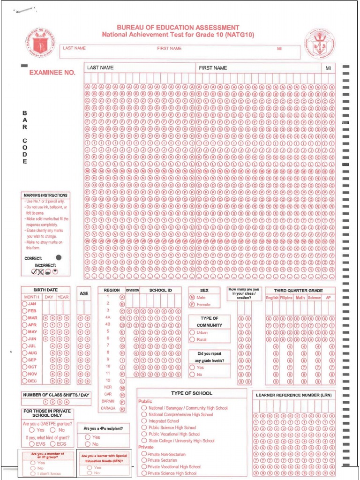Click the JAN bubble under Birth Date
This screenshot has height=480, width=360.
point(25,304)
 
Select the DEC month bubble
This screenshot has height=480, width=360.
point(25,381)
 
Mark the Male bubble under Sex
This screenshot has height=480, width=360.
point(192,297)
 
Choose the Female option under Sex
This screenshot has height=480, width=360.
point(192,304)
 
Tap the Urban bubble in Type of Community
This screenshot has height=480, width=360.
point(192,332)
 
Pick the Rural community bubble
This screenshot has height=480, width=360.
point(192,339)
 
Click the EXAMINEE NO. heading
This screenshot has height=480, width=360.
point(52,73)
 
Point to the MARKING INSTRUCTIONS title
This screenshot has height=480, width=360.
point(45,195)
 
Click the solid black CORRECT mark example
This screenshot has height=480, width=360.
point(58,257)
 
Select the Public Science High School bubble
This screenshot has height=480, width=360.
point(144,427)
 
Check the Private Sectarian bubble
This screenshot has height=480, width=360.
point(144,460)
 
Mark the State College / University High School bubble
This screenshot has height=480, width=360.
point(144,441)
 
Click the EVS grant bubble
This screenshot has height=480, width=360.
point(31,443)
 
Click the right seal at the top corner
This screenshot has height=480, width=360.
point(320,44)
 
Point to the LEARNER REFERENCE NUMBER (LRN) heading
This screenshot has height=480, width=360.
point(293,395)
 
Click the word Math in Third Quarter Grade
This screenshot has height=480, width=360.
point(300,297)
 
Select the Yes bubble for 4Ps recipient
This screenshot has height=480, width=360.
point(88,437)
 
